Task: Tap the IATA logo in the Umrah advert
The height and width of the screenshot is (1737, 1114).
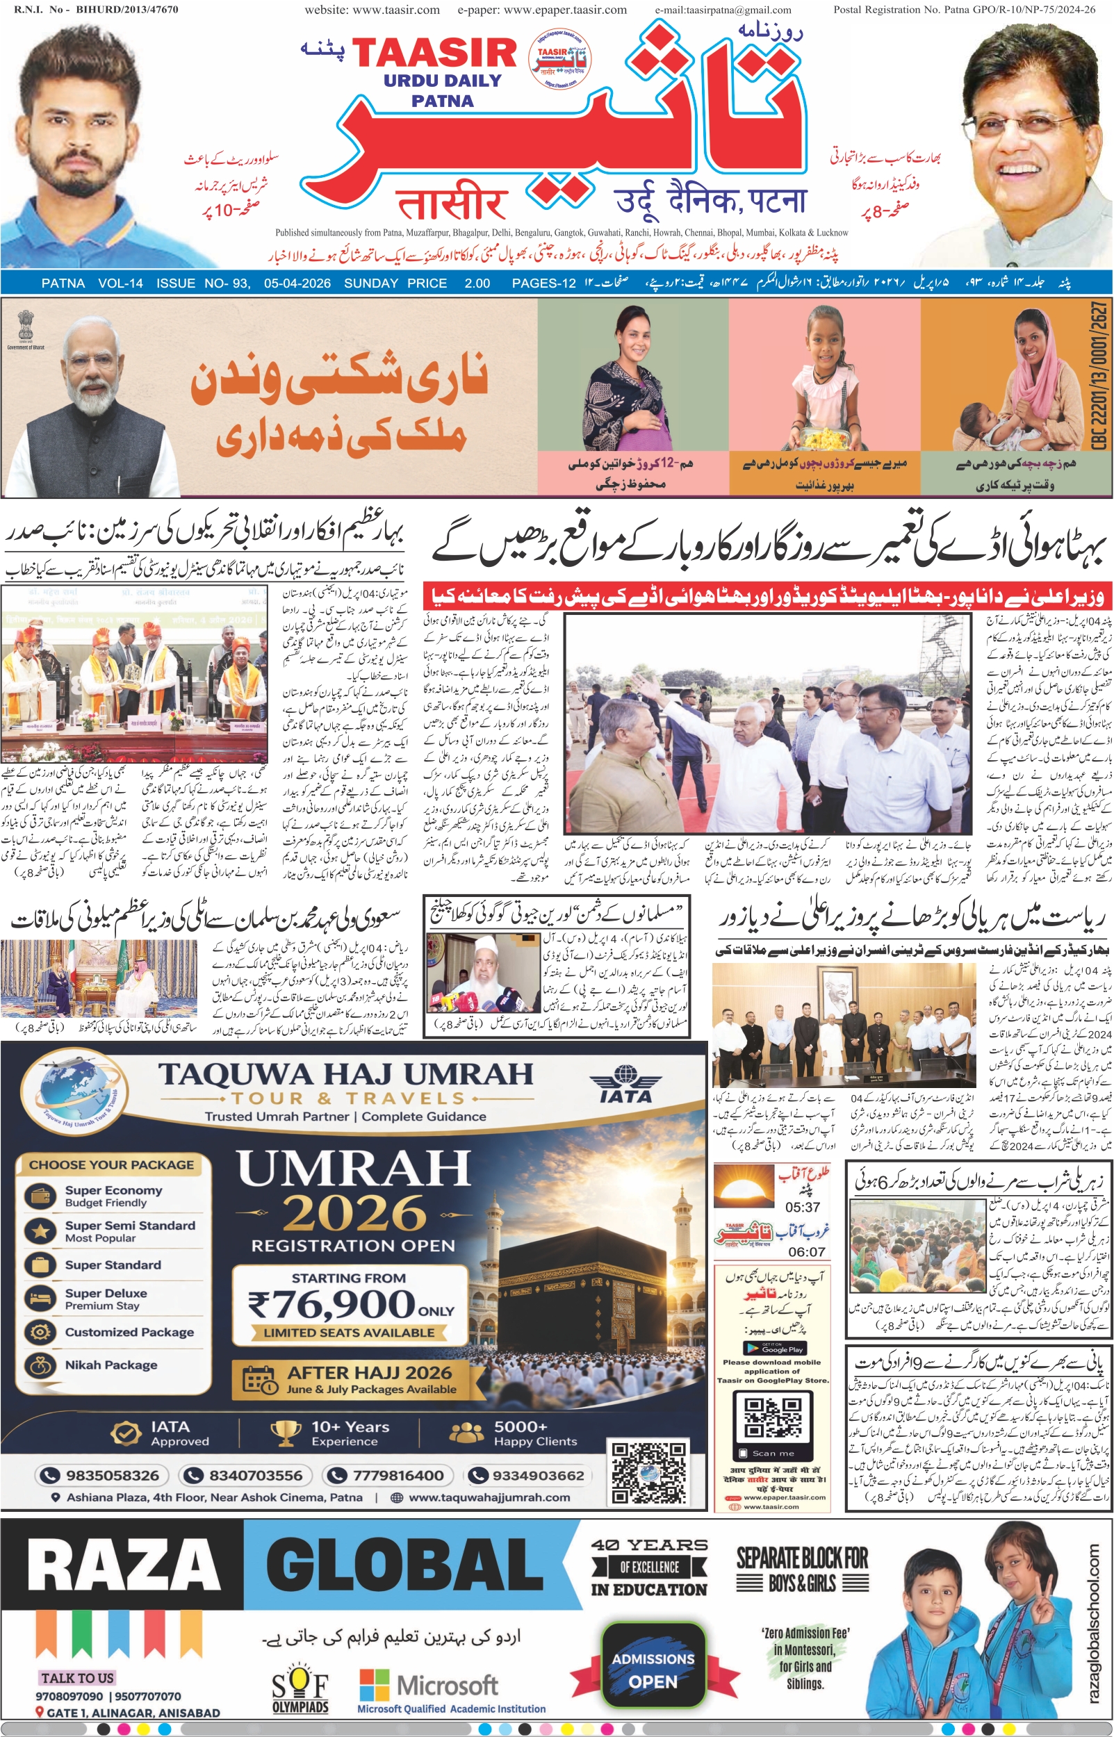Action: point(625,1082)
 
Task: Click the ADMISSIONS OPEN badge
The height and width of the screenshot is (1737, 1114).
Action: point(653,1670)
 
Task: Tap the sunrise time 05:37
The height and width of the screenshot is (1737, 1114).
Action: point(803,1207)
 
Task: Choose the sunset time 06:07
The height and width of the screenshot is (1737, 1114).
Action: point(806,1252)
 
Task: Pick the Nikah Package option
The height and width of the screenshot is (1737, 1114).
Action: point(110,1365)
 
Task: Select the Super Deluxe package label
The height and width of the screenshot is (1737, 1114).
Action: point(106,1294)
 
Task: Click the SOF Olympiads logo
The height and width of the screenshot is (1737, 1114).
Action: point(300,1690)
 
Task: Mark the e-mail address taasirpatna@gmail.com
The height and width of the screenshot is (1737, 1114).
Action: point(723,10)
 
